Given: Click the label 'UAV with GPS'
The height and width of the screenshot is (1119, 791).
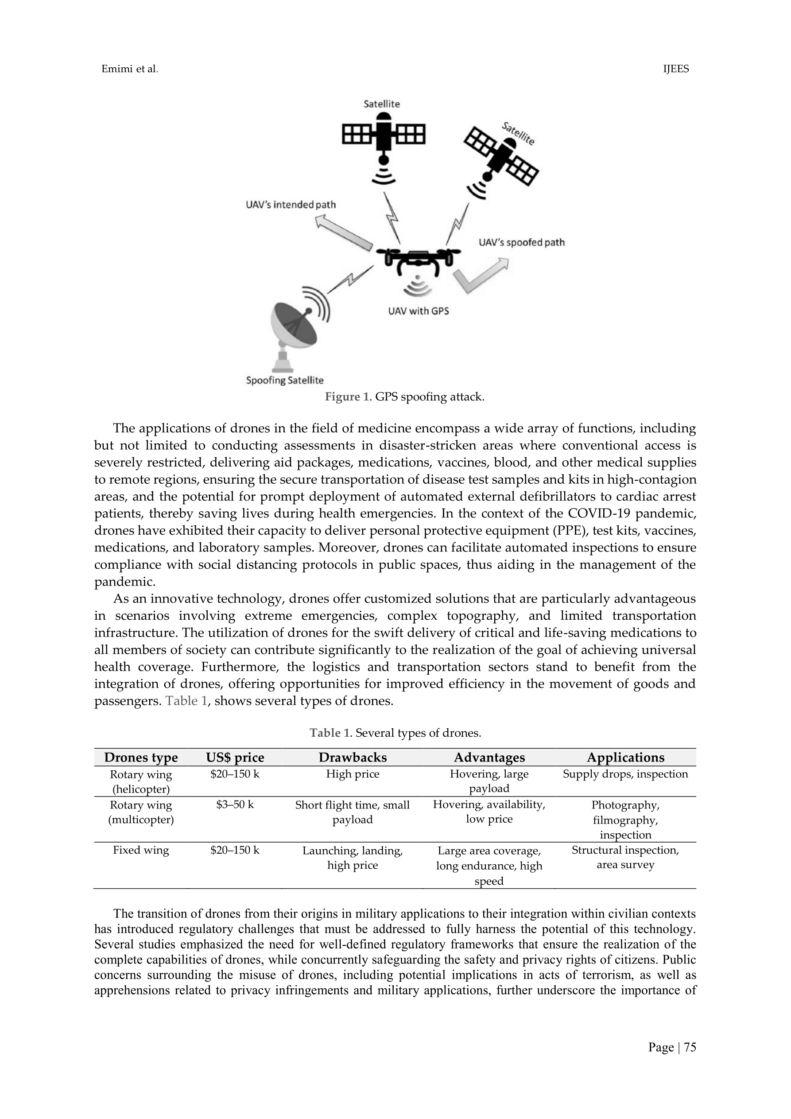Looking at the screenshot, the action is click(418, 311).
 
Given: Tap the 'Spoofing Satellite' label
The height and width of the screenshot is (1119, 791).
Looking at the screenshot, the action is click(285, 380).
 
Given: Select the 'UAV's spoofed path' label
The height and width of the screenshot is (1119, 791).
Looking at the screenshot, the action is click(521, 242).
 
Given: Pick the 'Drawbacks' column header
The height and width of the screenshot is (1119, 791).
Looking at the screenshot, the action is click(353, 758).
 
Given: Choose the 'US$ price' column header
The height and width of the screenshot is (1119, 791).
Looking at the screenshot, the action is click(235, 758).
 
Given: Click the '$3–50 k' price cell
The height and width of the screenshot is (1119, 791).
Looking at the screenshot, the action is click(235, 804).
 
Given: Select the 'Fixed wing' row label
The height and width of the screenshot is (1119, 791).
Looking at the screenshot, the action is click(141, 851).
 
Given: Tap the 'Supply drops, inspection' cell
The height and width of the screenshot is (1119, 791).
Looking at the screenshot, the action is click(625, 774).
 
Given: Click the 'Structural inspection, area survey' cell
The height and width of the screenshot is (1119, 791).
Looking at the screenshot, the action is click(625, 858).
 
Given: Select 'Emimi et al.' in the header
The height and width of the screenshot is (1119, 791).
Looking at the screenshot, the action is click(130, 69).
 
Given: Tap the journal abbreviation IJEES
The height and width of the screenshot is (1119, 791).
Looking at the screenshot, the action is click(676, 69).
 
